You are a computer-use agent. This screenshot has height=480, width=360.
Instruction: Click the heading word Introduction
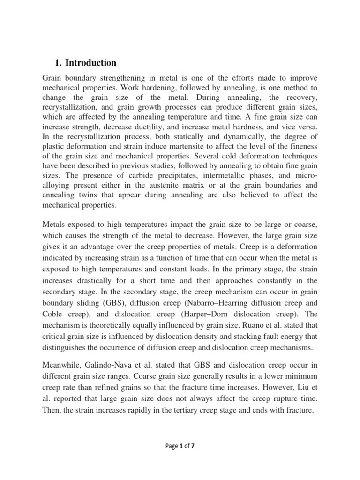point(92,63)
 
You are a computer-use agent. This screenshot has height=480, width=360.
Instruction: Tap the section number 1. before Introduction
point(59,63)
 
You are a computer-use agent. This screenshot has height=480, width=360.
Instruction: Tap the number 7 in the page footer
point(192,446)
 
